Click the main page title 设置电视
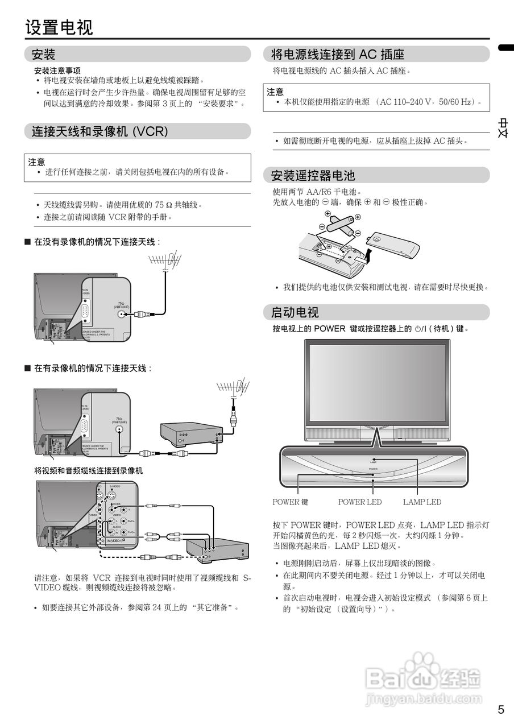pyautogui.click(x=59, y=27)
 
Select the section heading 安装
pyautogui.click(x=43, y=55)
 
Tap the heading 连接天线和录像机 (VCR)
pyautogui.click(x=100, y=131)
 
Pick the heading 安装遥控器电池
pyautogui.click(x=313, y=175)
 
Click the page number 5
pyautogui.click(x=501, y=709)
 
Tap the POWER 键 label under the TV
pyautogui.click(x=290, y=502)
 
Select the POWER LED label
pyautogui.click(x=360, y=502)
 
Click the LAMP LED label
pyautogui.click(x=422, y=502)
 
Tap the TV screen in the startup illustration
pyautogui.click(x=377, y=381)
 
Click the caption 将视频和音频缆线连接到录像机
pyautogui.click(x=88, y=471)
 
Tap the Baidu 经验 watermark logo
pyautogui.click(x=423, y=677)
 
